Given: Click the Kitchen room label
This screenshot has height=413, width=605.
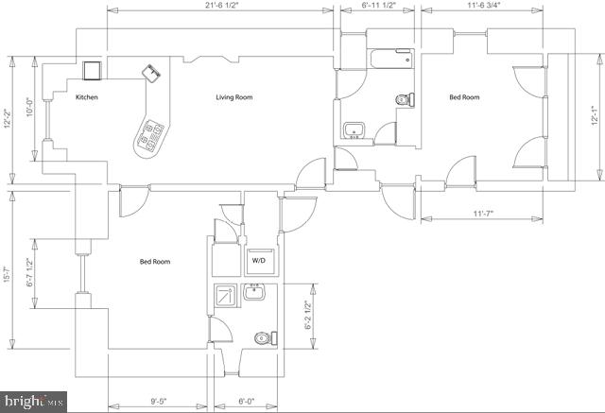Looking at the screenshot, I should click(x=87, y=97).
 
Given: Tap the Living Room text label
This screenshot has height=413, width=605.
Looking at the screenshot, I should click(x=233, y=97).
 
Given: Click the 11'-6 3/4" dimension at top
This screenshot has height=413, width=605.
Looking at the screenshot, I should click(x=483, y=6).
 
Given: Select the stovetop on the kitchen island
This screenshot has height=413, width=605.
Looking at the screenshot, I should click(x=150, y=137).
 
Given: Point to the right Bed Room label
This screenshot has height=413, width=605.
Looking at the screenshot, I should click(x=463, y=97).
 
